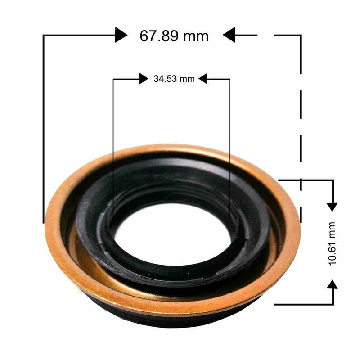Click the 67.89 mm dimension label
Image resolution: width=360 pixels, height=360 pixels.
[174, 35]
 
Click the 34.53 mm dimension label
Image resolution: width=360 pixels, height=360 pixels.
[174, 79]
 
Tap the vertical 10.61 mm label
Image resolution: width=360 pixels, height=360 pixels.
[333, 243]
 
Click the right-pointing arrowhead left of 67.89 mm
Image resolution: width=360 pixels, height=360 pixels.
[121, 35]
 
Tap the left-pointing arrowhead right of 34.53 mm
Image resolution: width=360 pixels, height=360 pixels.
[203, 79]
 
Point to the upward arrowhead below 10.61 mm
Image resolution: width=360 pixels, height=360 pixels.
[332, 283]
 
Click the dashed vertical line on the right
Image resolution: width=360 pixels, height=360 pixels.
[301, 112]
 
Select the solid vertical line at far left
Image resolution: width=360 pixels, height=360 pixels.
[43, 135]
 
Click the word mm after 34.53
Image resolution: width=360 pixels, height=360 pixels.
[187, 79]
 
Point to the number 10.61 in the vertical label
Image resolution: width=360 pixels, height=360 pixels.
[333, 252]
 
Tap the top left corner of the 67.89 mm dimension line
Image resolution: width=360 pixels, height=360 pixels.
[43, 35]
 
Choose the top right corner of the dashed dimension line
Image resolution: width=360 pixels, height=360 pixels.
[301, 35]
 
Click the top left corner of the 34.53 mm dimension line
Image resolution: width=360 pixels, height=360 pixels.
[113, 79]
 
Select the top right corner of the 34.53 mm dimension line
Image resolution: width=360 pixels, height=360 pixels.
[230, 79]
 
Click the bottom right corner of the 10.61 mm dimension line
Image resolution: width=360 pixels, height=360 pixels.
[332, 304]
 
